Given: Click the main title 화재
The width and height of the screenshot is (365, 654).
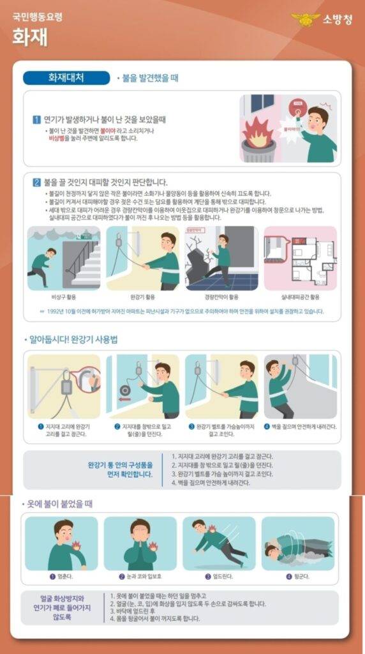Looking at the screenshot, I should pyautogui.click(x=29, y=36).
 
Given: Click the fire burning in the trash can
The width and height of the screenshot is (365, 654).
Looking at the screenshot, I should pyautogui.click(x=258, y=130).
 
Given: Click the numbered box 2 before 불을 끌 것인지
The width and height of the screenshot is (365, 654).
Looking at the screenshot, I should pyautogui.click(x=36, y=182).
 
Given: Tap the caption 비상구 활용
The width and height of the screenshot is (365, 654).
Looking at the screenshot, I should pyautogui.click(x=64, y=297).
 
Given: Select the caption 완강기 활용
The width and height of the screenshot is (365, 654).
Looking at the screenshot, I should pyautogui.click(x=143, y=297).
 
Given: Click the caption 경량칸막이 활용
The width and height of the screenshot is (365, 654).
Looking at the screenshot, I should pyautogui.click(x=221, y=297).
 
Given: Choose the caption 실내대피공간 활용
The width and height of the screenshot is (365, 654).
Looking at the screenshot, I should pyautogui.click(x=300, y=297).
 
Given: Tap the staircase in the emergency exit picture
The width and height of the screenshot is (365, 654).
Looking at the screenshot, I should pyautogui.click(x=86, y=262).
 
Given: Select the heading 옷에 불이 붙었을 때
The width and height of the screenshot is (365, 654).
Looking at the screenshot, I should pyautogui.click(x=61, y=504).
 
